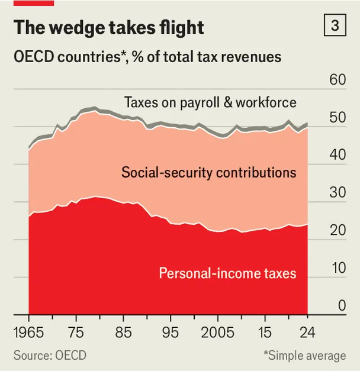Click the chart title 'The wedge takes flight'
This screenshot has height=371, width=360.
coord(109,28)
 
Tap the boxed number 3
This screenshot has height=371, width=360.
coord(335,25)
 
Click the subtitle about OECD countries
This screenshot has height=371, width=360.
coord(147,57)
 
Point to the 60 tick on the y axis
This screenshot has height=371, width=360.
coord(337,80)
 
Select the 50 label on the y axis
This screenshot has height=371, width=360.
coord(337,117)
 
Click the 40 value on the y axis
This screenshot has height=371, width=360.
coord(337,155)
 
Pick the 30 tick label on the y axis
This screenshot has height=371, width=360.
coord(337,192)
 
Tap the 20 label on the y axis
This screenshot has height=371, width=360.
coord(337,230)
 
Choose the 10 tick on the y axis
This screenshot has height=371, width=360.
coord(339,268)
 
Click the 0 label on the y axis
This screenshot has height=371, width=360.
coord(342,305)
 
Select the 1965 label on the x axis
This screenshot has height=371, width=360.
coord(28,333)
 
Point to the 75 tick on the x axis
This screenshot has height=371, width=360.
coord(76,333)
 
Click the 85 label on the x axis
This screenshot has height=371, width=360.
coord(123,333)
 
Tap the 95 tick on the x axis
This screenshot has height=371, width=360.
coord(171,333)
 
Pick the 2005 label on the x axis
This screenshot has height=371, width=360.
coord(218,333)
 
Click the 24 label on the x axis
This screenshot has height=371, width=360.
coord(307,333)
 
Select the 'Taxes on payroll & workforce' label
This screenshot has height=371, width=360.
coord(210,103)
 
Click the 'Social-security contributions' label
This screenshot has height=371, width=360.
coord(208,173)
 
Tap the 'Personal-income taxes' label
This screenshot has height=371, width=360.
coord(227,273)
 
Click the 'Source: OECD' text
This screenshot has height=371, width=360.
coord(50,356)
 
